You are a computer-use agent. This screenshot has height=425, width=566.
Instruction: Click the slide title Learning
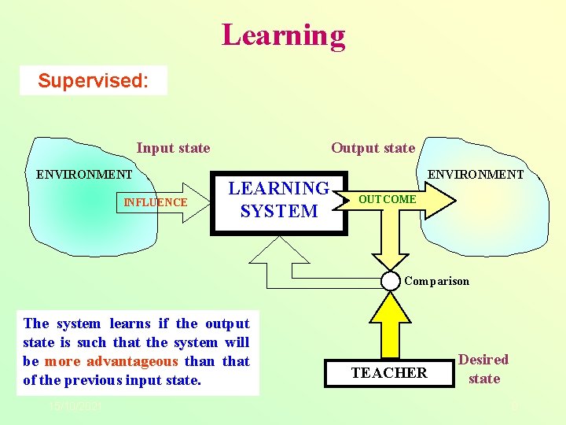[283, 35]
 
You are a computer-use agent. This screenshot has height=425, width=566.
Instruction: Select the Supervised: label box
[94, 80]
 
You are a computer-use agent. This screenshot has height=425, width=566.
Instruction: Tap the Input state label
[173, 148]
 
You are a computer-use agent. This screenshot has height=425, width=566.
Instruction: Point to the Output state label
[373, 148]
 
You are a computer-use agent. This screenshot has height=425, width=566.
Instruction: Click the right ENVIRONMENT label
[475, 174]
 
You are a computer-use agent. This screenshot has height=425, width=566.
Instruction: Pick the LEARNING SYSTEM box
[279, 201]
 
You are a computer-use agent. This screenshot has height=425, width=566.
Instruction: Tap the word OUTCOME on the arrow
[388, 200]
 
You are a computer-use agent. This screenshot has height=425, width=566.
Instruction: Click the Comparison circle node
[391, 280]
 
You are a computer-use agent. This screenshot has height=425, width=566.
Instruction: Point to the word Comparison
[436, 281]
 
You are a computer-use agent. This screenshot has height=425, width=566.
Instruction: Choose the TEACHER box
[389, 373]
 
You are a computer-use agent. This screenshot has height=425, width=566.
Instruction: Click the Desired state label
[483, 369]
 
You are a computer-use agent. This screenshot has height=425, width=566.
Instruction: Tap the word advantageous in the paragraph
[133, 362]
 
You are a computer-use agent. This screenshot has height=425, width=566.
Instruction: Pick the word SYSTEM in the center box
[279, 212]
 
